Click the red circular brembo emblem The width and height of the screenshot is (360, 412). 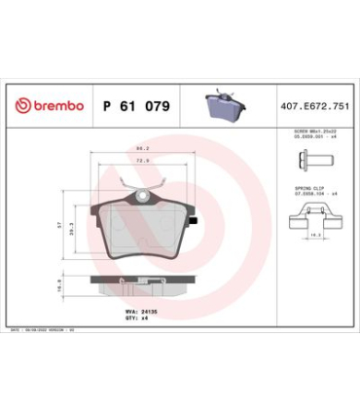click(x=20, y=104)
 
